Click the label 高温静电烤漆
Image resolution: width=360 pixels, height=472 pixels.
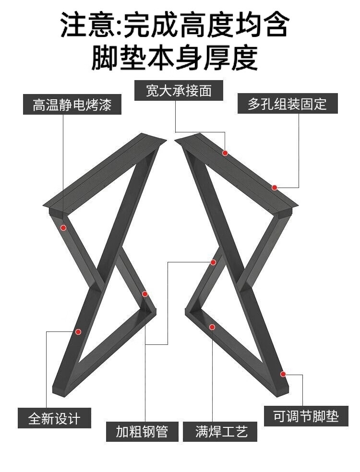[x=72, y=105]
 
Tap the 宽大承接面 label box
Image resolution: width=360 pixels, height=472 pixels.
[x=179, y=91]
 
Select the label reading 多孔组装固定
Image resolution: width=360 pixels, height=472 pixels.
[x=288, y=104]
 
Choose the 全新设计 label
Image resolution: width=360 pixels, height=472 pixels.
[x=54, y=418]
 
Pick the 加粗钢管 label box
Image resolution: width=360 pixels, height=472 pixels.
[x=142, y=431]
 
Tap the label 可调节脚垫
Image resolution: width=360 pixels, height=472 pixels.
[x=306, y=416]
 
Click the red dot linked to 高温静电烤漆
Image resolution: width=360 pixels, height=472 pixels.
[x=63, y=228]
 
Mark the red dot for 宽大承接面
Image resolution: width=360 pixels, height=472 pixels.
[x=225, y=153]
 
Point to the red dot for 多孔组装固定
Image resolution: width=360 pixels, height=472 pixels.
[x=275, y=188]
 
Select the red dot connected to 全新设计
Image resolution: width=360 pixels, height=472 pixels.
[x=78, y=331]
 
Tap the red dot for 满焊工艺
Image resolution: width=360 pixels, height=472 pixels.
[x=212, y=327]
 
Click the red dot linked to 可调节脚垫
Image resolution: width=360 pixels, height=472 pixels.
[x=283, y=374]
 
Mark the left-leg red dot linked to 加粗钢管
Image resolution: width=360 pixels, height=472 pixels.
[x=145, y=294]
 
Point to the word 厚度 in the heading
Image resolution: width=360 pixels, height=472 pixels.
[x=238, y=58]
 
